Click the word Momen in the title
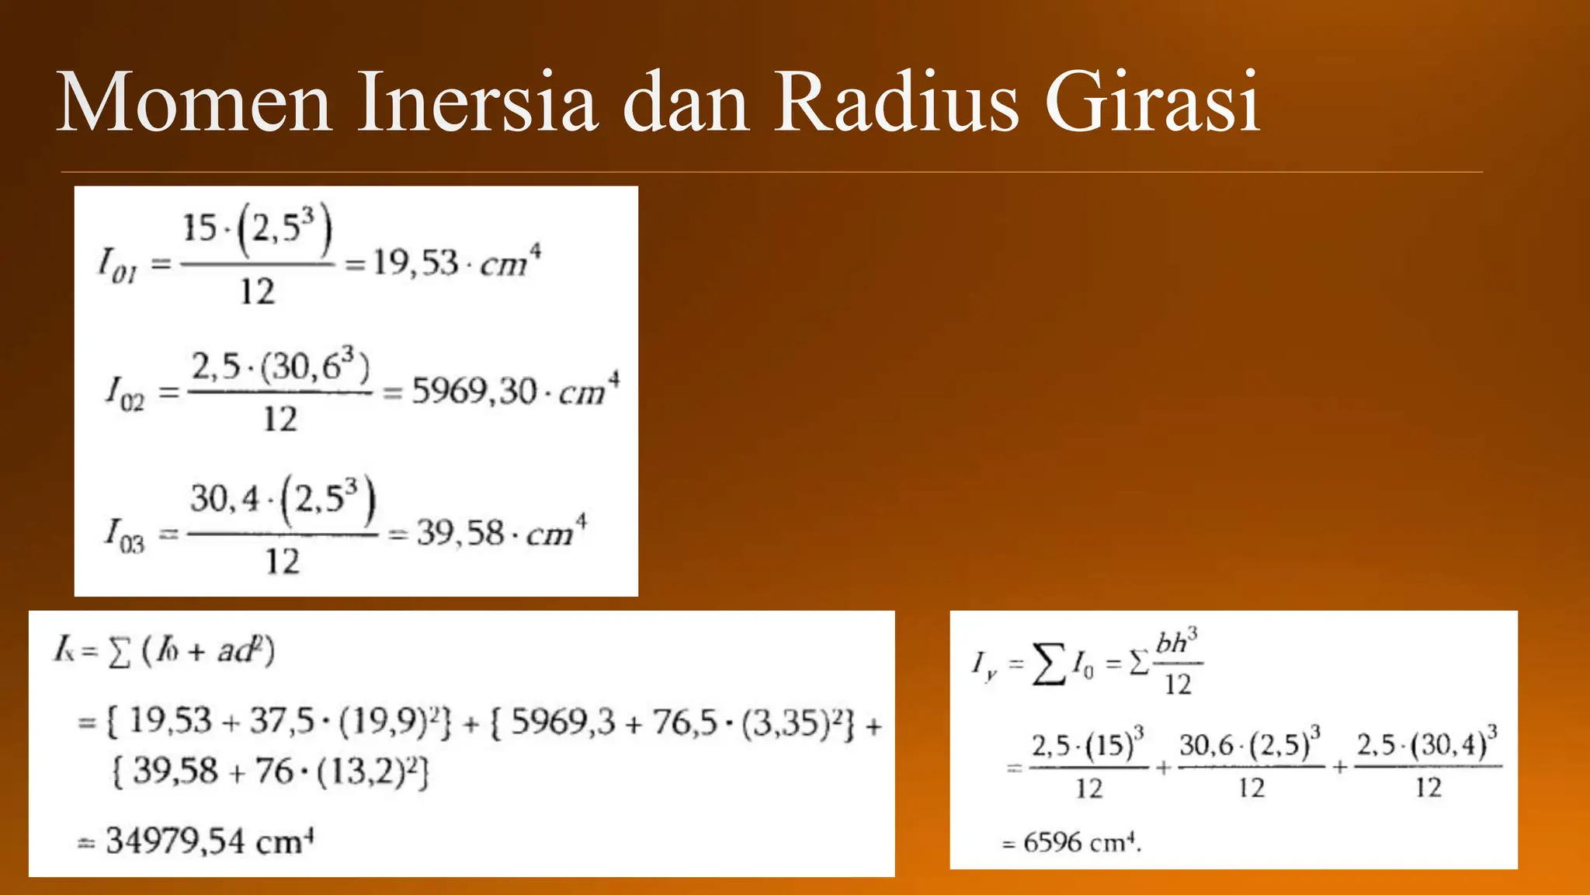pos(195,103)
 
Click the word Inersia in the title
pos(477,103)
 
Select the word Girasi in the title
pos(1152,103)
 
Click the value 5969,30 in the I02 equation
pos(474,391)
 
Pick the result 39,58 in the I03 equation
pos(460,533)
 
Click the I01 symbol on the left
pos(117,265)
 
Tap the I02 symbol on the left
pos(124,393)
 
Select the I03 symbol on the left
pos(124,535)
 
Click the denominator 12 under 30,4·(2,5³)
pos(281,561)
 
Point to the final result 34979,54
pos(175,841)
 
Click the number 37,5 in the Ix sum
pos(281,723)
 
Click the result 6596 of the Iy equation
pos(1053,842)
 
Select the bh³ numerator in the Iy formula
pos(1176,643)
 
